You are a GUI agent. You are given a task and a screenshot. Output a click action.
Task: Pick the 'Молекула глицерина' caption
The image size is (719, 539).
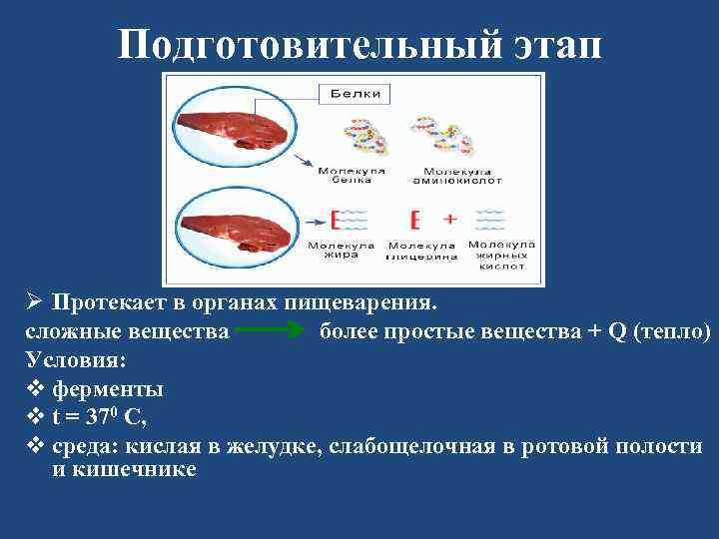coord(421,251)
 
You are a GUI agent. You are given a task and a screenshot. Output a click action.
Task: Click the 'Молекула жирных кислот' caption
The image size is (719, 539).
coord(501,256)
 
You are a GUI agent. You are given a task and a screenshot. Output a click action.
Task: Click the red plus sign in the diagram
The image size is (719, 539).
coord(449,218)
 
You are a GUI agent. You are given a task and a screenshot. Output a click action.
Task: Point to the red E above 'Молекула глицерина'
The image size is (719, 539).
coord(414,219)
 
